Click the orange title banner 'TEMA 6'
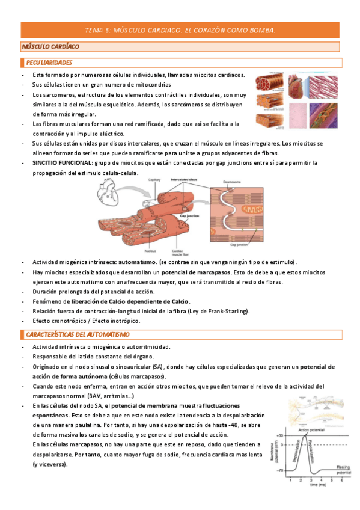tap(180, 29)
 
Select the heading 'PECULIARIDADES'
tap(49, 63)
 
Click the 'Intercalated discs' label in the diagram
tap(185, 179)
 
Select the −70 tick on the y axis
tap(279, 469)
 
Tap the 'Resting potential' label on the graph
tap(343, 470)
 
